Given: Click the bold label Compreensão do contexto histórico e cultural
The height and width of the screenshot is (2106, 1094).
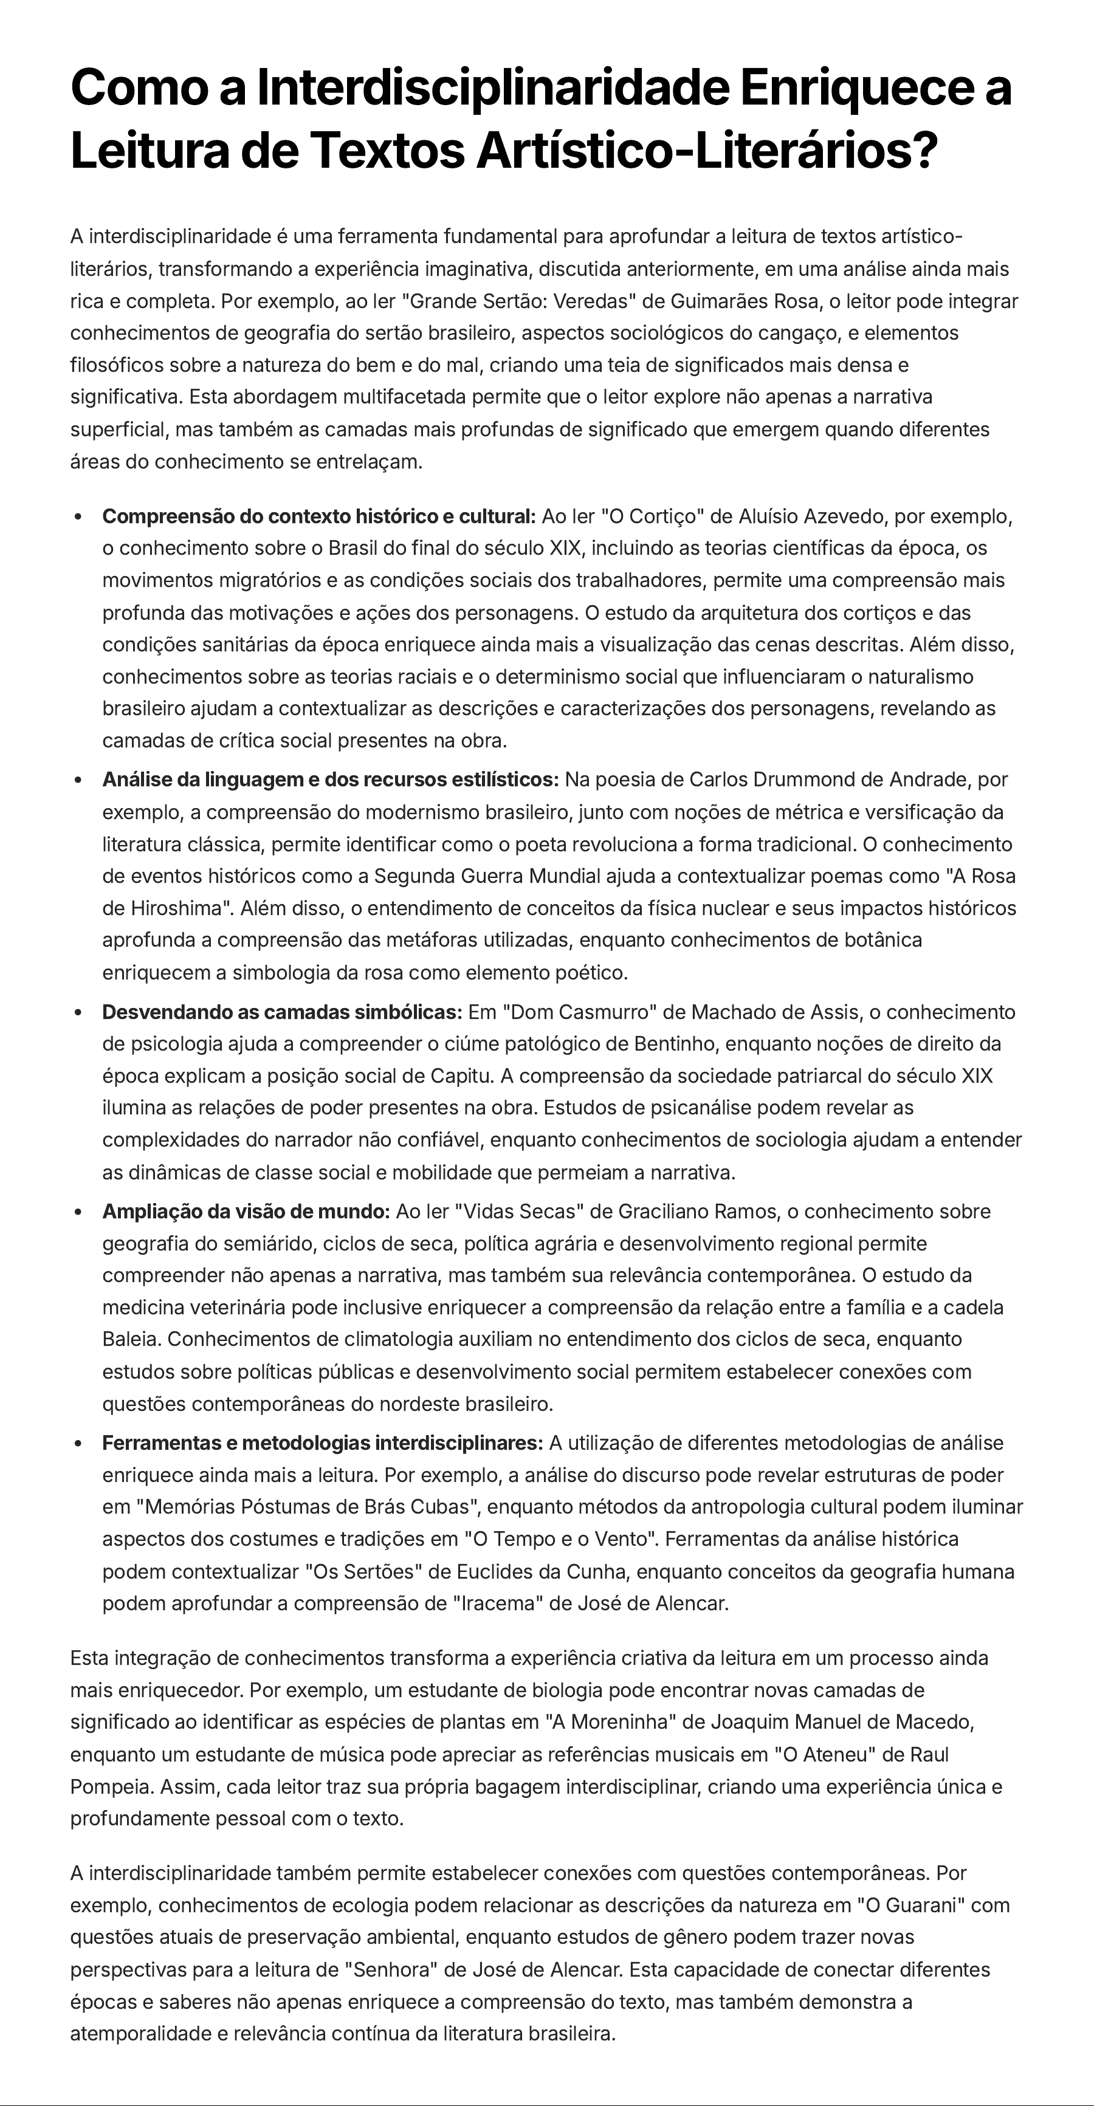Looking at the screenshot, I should click(x=318, y=516).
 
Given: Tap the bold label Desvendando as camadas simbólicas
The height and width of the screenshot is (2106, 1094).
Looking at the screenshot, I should click(x=282, y=1012).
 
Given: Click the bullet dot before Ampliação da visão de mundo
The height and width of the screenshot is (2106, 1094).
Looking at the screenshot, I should click(x=78, y=1212).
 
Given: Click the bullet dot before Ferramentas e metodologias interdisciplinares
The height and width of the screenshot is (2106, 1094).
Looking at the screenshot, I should click(x=78, y=1444).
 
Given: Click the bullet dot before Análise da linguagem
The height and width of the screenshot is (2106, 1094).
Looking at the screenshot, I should click(x=78, y=781).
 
